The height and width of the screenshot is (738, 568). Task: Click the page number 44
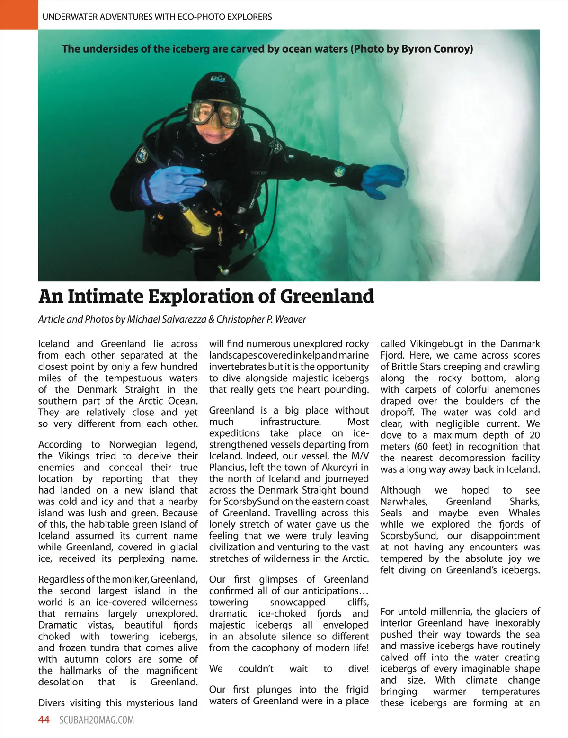click(44, 720)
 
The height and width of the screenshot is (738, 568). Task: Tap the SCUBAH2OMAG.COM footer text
click(97, 720)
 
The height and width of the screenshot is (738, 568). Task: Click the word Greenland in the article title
click(327, 296)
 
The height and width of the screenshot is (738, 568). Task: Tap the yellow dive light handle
click(196, 221)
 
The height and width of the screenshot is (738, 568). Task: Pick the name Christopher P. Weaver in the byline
click(261, 319)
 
